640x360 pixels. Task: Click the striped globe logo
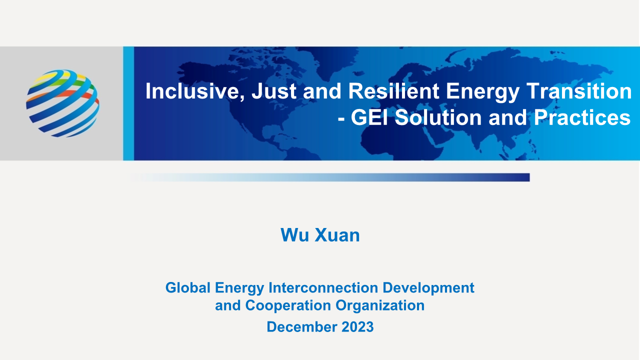point(62,103)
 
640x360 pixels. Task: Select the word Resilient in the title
point(393,91)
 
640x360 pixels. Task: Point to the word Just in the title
point(274,91)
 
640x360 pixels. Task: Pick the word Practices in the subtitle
point(582,117)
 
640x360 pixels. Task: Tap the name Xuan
point(337,235)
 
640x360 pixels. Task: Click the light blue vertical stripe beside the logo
point(128,103)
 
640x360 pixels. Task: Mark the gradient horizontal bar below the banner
point(329,177)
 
